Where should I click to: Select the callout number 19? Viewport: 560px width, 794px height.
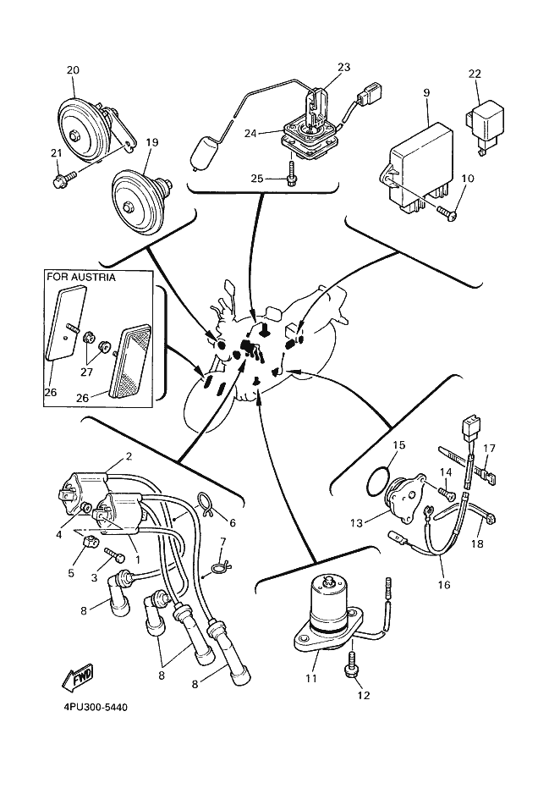pyautogui.click(x=151, y=143)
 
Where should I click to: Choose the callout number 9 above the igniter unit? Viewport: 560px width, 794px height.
pyautogui.click(x=426, y=92)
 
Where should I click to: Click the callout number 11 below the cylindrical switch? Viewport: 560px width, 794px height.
pyautogui.click(x=310, y=678)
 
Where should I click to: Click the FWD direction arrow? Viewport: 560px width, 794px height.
pyautogui.click(x=76, y=676)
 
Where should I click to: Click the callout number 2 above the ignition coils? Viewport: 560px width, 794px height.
pyautogui.click(x=129, y=456)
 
